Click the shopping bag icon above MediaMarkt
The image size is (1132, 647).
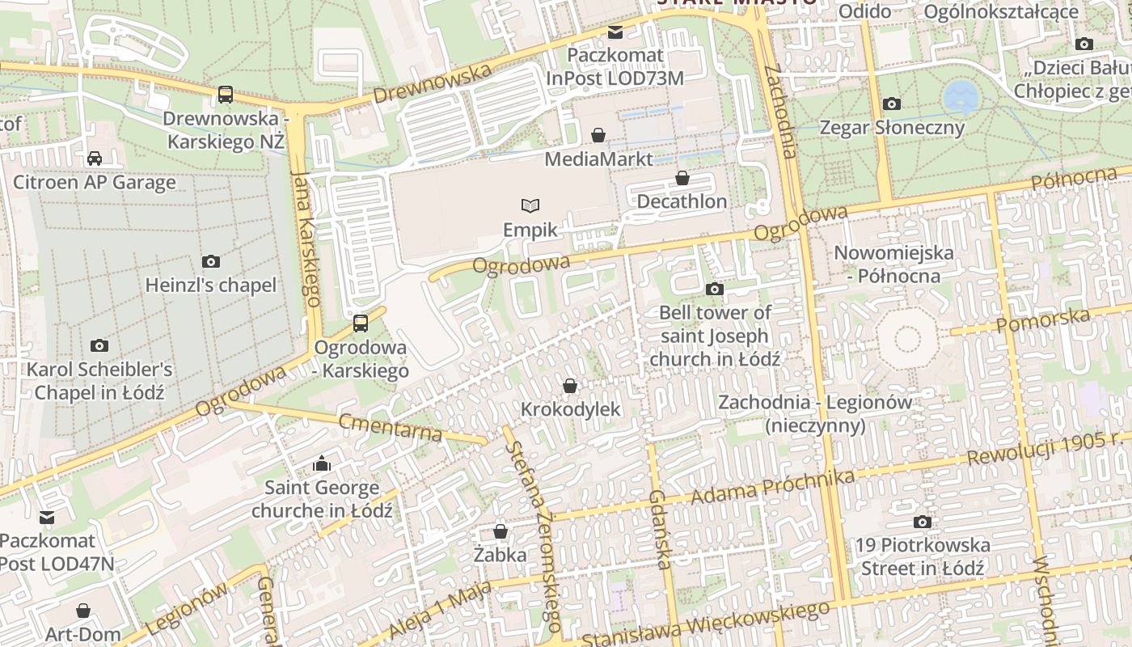pyautogui.click(x=598, y=135)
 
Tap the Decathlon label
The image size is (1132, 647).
pyautogui.click(x=682, y=201)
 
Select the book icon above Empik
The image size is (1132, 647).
pyautogui.click(x=530, y=205)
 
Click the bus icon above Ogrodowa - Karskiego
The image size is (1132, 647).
pyautogui.click(x=361, y=323)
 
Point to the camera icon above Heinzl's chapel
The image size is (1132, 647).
pyautogui.click(x=211, y=261)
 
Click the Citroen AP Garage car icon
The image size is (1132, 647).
pyautogui.click(x=95, y=158)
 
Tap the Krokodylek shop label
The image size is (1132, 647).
pyautogui.click(x=570, y=409)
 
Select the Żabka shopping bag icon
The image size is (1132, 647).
pyautogui.click(x=501, y=531)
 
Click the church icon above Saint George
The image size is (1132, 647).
pyautogui.click(x=322, y=464)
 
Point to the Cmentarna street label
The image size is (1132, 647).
pyautogui.click(x=391, y=426)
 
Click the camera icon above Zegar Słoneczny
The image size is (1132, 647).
pyautogui.click(x=892, y=104)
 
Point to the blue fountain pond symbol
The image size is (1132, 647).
pyautogui.click(x=961, y=96)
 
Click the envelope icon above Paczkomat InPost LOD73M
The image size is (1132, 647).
pyautogui.click(x=615, y=32)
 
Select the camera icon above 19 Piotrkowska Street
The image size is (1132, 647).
pyautogui.click(x=922, y=522)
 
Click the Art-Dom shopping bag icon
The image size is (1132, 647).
pyautogui.click(x=82, y=611)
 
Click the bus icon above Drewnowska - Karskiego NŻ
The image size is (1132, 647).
pyautogui.click(x=226, y=95)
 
